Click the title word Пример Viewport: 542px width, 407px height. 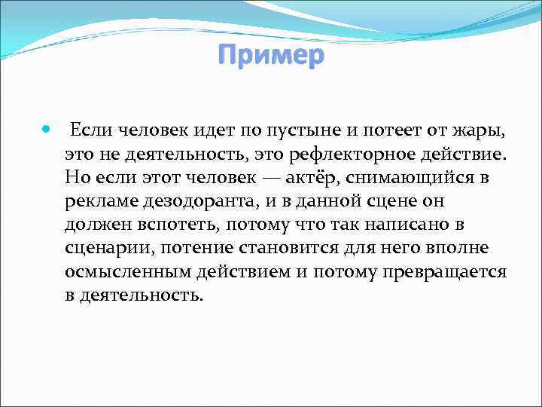[x=270, y=56]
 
